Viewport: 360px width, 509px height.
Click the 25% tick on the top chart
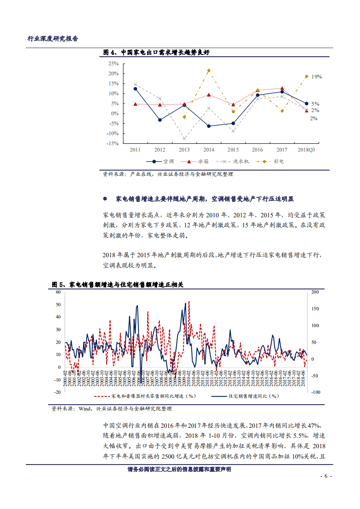pyautogui.click(x=113, y=64)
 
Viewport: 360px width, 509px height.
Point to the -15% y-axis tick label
pyautogui.click(x=113, y=143)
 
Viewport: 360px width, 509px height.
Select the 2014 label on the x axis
pyautogui.click(x=208, y=150)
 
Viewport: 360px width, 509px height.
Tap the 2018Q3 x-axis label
pyautogui.click(x=306, y=150)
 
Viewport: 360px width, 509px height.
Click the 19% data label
pyautogui.click(x=316, y=77)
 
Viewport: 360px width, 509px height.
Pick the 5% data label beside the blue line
pyautogui.click(x=315, y=104)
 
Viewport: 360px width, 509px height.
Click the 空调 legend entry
pyautogui.click(x=168, y=161)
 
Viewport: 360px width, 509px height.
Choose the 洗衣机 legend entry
pyautogui.click(x=240, y=161)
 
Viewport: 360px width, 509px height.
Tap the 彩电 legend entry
pyautogui.click(x=278, y=161)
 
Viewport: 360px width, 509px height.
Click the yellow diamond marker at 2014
pyautogui.click(x=208, y=71)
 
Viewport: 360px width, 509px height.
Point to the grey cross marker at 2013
pyautogui.click(x=184, y=138)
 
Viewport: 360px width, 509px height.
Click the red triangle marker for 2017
pyautogui.click(x=282, y=88)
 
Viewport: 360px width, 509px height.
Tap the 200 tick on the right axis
pyautogui.click(x=315, y=292)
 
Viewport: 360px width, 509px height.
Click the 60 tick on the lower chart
pyautogui.click(x=58, y=292)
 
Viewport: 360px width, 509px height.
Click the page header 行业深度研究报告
pyautogui.click(x=53, y=39)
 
